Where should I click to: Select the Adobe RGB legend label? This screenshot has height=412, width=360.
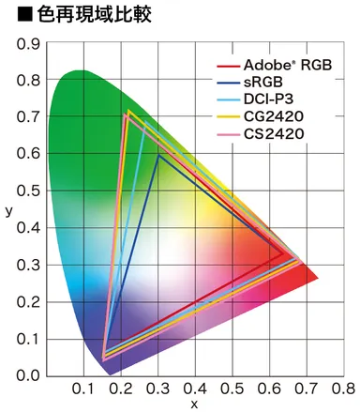tap(287, 66)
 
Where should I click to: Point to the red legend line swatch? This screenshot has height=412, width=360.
tap(229, 66)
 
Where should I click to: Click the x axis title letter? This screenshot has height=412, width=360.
tap(195, 404)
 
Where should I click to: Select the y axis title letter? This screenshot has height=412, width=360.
tap(8, 210)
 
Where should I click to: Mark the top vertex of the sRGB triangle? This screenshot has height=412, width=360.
tap(158, 155)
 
